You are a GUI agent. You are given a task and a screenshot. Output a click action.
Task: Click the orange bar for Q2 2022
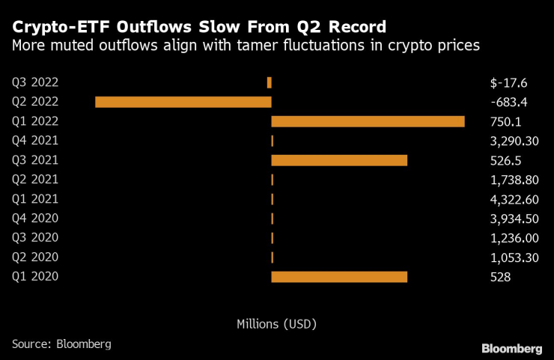(183, 102)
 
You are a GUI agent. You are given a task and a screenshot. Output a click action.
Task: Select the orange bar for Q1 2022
(368, 121)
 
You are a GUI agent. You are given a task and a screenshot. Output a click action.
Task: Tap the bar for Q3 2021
(339, 160)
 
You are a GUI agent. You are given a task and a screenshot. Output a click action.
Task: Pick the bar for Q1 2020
(339, 277)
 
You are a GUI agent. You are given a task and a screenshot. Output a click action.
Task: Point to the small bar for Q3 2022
(270, 82)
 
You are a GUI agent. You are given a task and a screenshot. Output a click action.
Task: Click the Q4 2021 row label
(35, 141)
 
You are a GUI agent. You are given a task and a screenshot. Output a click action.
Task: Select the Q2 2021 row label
(35, 180)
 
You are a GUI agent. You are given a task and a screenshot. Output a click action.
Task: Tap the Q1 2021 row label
(35, 199)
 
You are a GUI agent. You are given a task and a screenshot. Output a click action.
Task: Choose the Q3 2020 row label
(35, 238)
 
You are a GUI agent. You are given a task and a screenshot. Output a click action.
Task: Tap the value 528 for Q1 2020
(495, 277)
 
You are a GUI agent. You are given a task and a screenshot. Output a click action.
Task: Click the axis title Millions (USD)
(276, 324)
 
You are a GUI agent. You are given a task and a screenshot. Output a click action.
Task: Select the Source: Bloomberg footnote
(61, 344)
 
